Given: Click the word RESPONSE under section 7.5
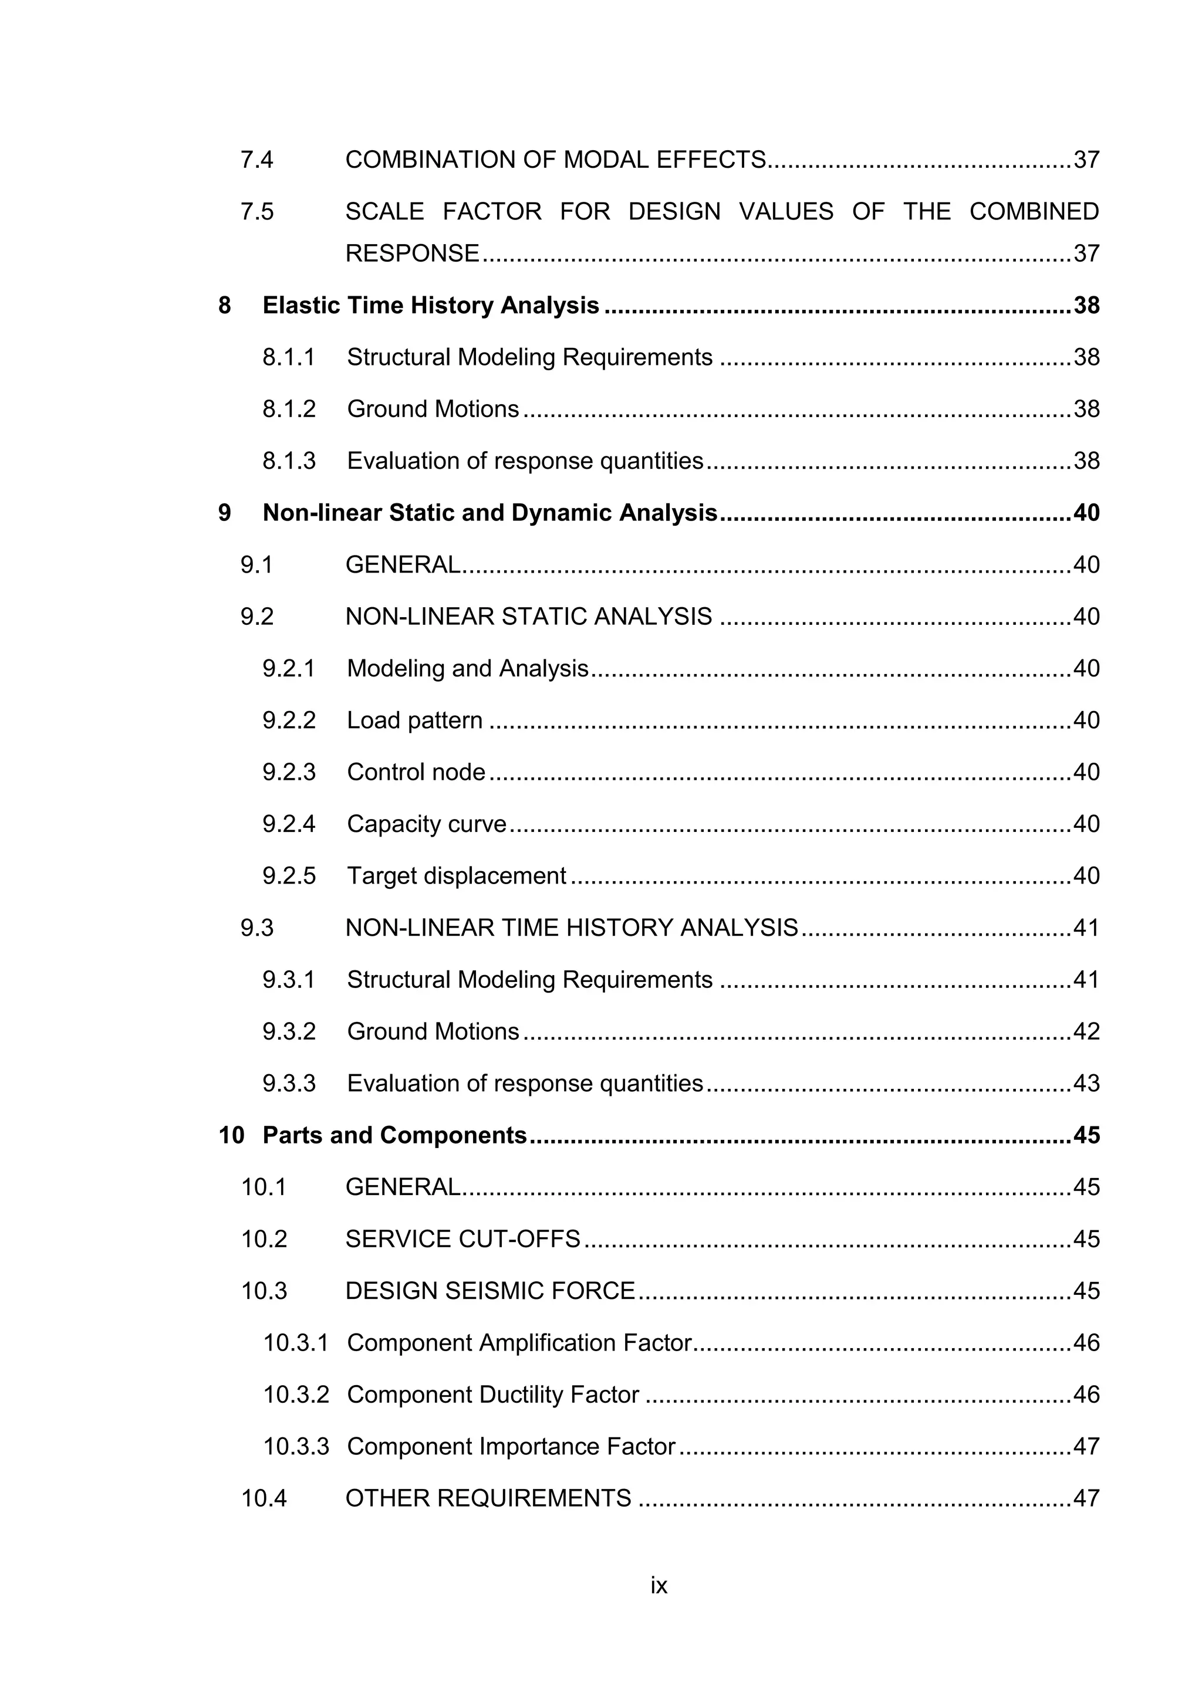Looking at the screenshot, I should [412, 254].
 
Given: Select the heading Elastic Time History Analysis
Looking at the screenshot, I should [431, 306].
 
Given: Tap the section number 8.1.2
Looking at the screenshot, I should [289, 409].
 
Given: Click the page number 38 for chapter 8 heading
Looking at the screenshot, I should [1086, 306].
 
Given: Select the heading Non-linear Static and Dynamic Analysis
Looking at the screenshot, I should [490, 513].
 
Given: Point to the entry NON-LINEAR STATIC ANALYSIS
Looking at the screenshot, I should [528, 617].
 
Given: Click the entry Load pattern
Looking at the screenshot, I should [414, 720].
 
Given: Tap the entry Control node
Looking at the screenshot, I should [416, 772].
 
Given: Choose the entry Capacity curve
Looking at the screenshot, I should [426, 824].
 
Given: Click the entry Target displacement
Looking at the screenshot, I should [456, 876].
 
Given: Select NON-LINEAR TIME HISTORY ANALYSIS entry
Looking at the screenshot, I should [572, 928].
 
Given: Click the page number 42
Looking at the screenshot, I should [1086, 1031].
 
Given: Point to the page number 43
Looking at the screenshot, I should [1086, 1084].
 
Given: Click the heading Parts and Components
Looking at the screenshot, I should [394, 1135].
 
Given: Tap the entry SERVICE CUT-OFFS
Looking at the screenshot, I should [462, 1238].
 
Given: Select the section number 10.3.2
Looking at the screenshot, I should [296, 1394].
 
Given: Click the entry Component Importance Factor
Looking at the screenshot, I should [511, 1446].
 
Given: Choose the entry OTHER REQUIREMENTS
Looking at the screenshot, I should [488, 1498].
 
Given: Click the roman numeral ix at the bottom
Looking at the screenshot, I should [659, 1586].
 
